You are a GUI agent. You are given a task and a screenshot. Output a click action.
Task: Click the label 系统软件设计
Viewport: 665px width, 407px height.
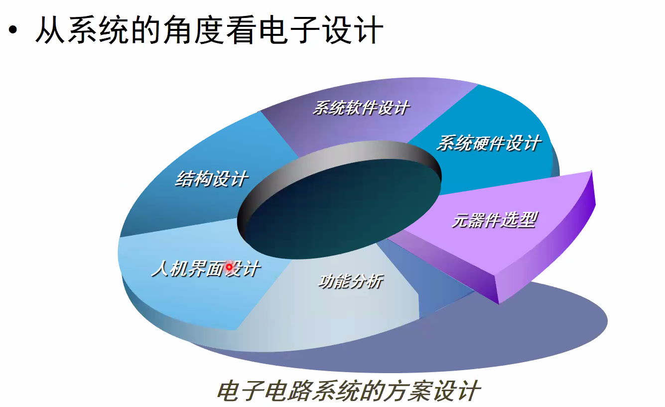pyautogui.click(x=361, y=108)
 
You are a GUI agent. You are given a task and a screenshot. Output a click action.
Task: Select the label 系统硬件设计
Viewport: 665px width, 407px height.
pyautogui.click(x=489, y=143)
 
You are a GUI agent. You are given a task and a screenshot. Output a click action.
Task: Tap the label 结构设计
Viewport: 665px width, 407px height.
pyautogui.click(x=212, y=179)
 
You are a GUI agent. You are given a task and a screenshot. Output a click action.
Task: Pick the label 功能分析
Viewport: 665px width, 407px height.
pyautogui.click(x=351, y=281)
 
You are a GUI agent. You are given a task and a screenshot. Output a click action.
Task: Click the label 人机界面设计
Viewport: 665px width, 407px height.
pyautogui.click(x=206, y=269)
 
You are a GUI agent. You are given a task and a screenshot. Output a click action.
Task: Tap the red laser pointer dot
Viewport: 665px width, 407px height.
pyautogui.click(x=229, y=268)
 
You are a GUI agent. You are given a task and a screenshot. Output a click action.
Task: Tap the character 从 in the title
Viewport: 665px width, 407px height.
pyautogui.click(x=50, y=30)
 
